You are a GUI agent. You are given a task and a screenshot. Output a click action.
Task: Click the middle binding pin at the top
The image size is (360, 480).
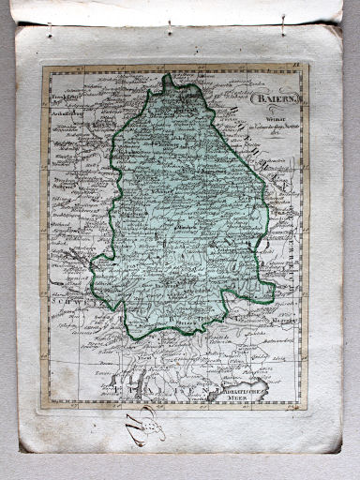point(170,25)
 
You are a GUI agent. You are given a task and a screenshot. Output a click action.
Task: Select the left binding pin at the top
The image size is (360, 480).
point(50,30)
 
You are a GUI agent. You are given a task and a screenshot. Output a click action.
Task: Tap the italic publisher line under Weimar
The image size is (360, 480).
point(273,115)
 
